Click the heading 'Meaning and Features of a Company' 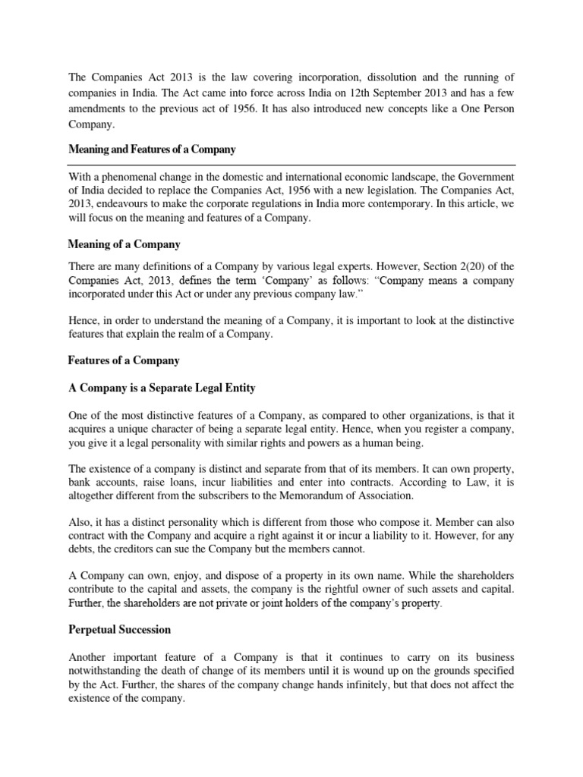click(x=152, y=149)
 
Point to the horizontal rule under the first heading click(x=291, y=164)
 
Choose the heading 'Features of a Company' click(x=124, y=360)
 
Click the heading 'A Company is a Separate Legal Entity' click(x=162, y=388)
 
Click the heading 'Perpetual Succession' click(x=120, y=629)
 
